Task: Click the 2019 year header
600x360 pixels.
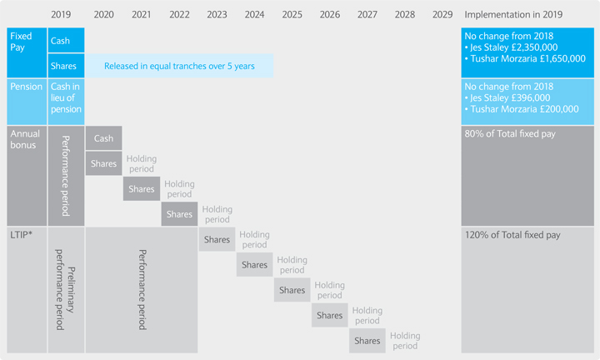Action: coord(61,14)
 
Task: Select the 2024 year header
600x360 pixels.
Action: coord(255,14)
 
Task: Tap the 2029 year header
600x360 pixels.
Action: coord(442,14)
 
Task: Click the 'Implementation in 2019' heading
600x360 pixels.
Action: coord(514,14)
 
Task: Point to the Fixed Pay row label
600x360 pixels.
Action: coord(21,42)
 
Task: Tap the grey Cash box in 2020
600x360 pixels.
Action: coord(103,138)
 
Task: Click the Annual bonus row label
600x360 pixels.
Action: coord(23,138)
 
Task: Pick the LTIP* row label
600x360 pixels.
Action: coord(23,235)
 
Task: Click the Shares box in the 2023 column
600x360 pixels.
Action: coord(217,239)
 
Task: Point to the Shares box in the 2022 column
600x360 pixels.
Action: coord(179,214)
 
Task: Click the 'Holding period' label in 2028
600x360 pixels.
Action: coord(405,341)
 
